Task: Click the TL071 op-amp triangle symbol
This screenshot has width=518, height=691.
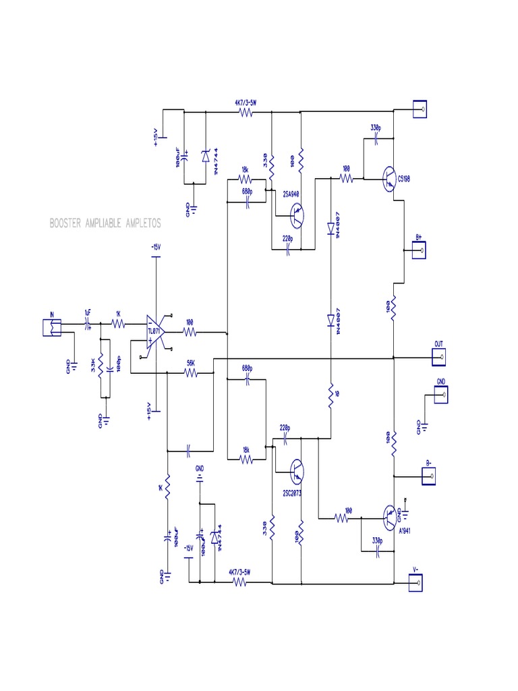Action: [156, 331]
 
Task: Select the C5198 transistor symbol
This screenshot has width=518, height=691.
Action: [390, 179]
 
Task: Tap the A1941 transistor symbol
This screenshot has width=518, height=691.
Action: [390, 518]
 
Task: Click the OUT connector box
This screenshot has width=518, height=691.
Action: [438, 354]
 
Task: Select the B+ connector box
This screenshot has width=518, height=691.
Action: [420, 250]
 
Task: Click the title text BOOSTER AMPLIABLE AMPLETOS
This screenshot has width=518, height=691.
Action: [105, 223]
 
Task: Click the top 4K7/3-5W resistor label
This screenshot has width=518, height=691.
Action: [246, 103]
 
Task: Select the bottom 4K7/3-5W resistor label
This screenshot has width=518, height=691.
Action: [239, 572]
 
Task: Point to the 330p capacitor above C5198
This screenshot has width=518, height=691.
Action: [376, 139]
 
